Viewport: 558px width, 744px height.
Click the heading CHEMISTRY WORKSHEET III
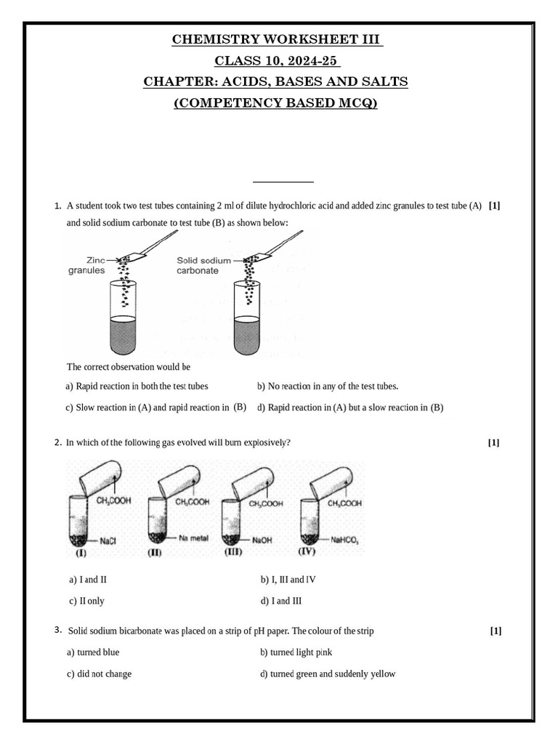pyautogui.click(x=277, y=39)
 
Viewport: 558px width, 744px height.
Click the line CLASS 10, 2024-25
pyautogui.click(x=277, y=60)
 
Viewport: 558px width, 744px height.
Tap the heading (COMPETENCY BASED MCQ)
pyautogui.click(x=277, y=102)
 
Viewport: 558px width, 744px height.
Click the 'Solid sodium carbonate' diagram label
pyautogui.click(x=203, y=264)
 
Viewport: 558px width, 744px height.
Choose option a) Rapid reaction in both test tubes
pyautogui.click(x=137, y=387)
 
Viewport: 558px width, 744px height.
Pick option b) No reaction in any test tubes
pyautogui.click(x=328, y=387)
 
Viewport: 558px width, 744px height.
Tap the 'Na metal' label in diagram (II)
pyautogui.click(x=194, y=538)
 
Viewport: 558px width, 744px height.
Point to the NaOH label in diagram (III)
pyautogui.click(x=262, y=541)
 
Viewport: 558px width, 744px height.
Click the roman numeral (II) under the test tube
pyautogui.click(x=154, y=553)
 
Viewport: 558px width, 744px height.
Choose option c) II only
pyautogui.click(x=86, y=601)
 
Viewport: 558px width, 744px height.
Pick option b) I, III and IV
pyautogui.click(x=288, y=580)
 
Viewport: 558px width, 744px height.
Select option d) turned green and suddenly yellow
pyautogui.click(x=328, y=674)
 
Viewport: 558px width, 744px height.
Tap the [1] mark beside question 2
pyautogui.click(x=494, y=442)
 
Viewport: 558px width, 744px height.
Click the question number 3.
pyautogui.click(x=58, y=630)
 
